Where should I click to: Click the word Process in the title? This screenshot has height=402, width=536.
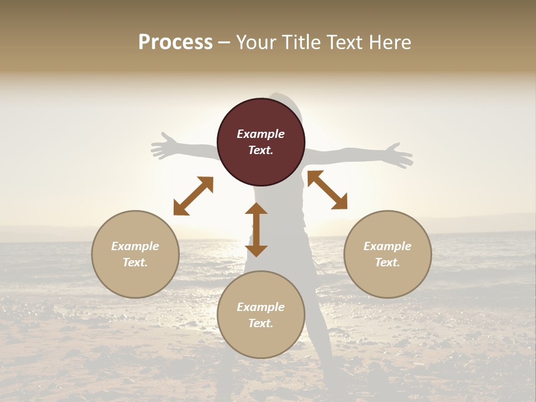(x=175, y=42)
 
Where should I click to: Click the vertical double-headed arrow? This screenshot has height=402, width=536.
(x=256, y=229)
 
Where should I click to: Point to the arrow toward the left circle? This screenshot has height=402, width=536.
(x=193, y=195)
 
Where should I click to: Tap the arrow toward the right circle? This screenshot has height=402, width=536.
(x=328, y=190)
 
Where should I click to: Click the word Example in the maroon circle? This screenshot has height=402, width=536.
(x=261, y=134)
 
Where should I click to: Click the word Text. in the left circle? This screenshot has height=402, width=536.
(x=135, y=262)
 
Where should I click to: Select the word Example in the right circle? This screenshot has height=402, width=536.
(x=387, y=246)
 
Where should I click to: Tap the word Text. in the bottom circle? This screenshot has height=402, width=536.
(x=261, y=323)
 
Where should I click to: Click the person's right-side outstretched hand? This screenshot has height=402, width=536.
(x=399, y=155)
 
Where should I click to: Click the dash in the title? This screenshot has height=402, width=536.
(x=224, y=43)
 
